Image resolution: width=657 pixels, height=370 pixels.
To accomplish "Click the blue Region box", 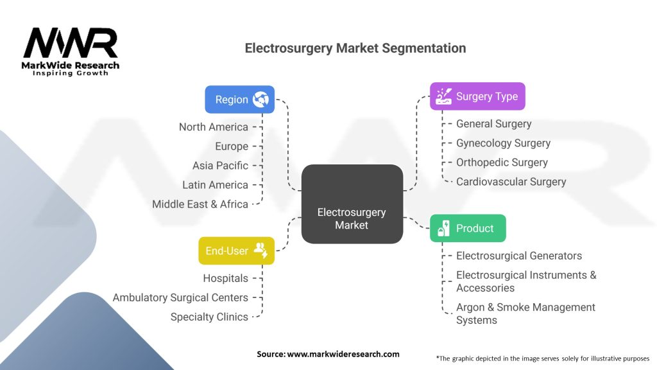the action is pyautogui.click(x=240, y=100).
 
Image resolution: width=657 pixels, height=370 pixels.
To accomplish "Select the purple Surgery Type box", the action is pyautogui.click(x=477, y=96).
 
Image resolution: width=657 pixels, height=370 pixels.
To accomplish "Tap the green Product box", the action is pyautogui.click(x=468, y=228).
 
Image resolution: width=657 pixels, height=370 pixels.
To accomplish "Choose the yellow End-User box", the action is pyautogui.click(x=236, y=251).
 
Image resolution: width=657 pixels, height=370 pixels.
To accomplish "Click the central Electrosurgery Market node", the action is pyautogui.click(x=352, y=204).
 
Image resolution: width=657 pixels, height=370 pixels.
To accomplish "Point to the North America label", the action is pyautogui.click(x=213, y=127).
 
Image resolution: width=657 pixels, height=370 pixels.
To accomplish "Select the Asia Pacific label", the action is pyautogui.click(x=220, y=165).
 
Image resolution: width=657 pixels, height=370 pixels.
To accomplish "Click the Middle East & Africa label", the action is pyautogui.click(x=200, y=204).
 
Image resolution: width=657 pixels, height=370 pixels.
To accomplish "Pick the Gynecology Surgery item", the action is pyautogui.click(x=503, y=143).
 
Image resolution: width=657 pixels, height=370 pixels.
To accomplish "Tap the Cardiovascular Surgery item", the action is pyautogui.click(x=511, y=182).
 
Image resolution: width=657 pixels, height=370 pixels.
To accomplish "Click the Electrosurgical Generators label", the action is pyautogui.click(x=518, y=256).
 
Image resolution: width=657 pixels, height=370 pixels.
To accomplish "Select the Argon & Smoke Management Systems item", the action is pyautogui.click(x=525, y=313).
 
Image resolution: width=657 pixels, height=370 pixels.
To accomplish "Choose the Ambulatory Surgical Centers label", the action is pyautogui.click(x=180, y=297).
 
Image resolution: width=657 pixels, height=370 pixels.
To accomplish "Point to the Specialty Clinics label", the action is pyautogui.click(x=209, y=317).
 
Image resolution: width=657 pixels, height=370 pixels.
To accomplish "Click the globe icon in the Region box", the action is pyautogui.click(x=260, y=100).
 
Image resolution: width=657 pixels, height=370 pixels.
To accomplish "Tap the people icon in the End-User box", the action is pyautogui.click(x=260, y=250).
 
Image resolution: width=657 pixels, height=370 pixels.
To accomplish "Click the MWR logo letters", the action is pyautogui.click(x=71, y=42).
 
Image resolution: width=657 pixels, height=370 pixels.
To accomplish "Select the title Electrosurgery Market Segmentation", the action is pyautogui.click(x=355, y=48).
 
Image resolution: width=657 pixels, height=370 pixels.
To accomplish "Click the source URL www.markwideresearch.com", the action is pyautogui.click(x=343, y=354).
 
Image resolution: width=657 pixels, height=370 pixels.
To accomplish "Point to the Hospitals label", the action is pyautogui.click(x=225, y=278).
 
